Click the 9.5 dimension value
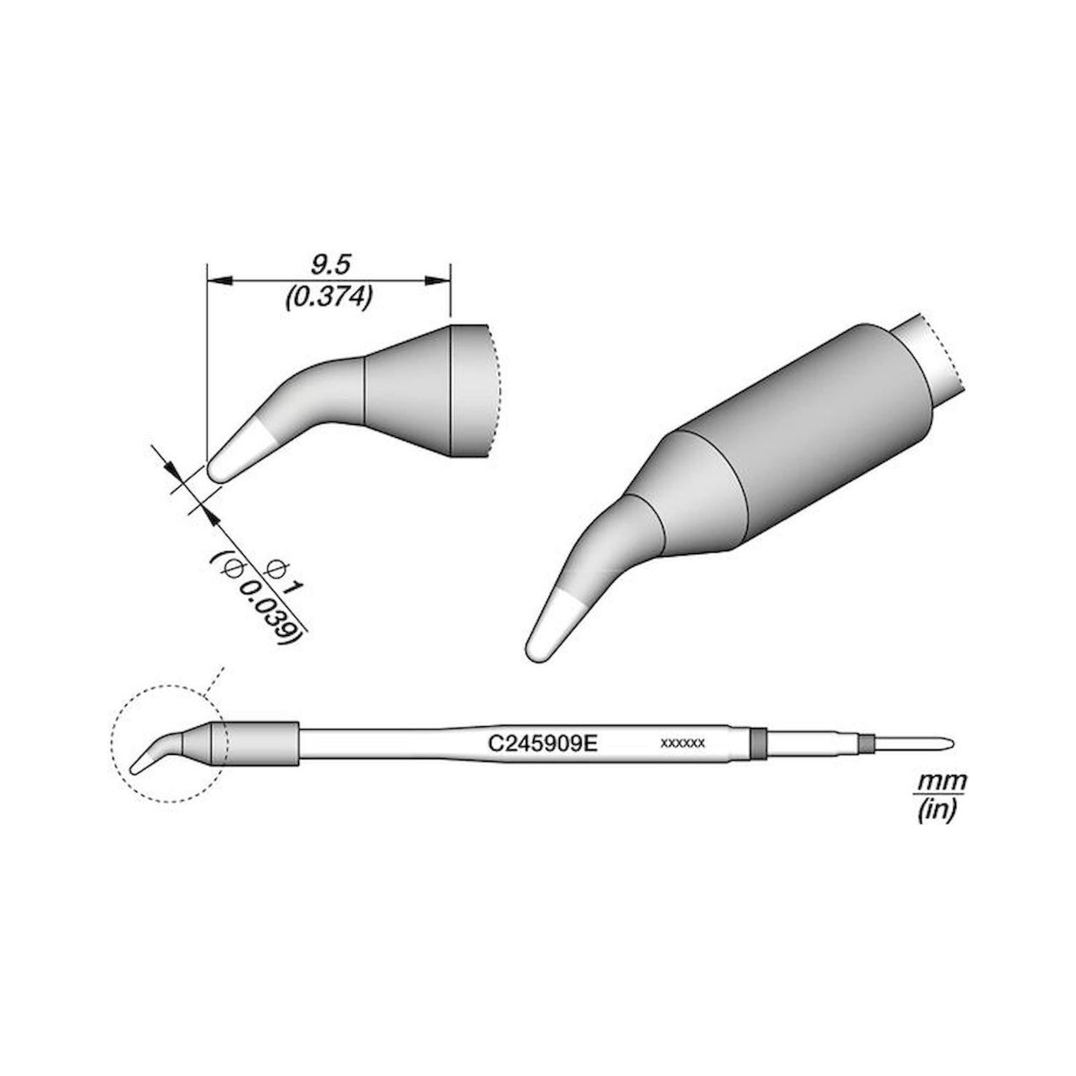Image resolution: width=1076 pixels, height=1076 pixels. [330, 265]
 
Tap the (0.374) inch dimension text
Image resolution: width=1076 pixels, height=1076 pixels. [329, 299]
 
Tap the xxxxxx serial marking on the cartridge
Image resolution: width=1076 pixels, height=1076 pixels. [683, 743]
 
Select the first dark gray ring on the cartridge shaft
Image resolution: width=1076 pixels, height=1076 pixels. [757, 743]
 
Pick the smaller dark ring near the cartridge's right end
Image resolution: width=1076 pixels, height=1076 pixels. [865, 743]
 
